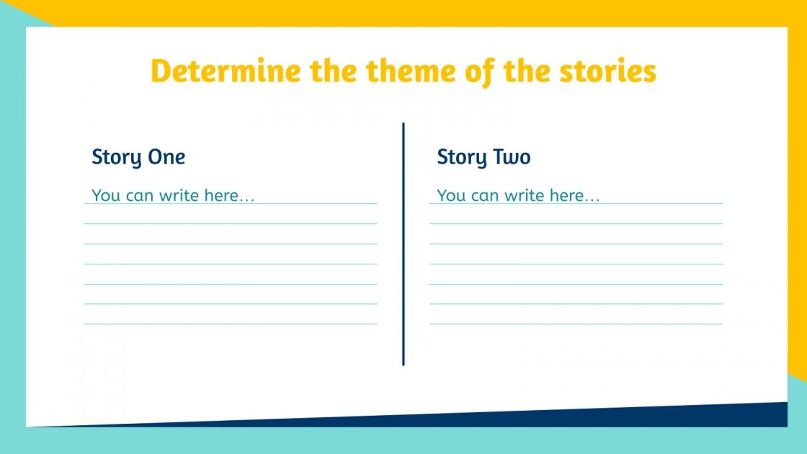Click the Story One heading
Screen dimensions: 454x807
click(138, 157)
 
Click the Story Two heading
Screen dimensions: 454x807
click(483, 157)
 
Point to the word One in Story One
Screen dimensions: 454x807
click(166, 156)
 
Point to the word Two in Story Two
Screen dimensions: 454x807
click(512, 156)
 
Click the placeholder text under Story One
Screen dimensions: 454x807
click(173, 195)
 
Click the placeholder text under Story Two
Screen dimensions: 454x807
click(518, 195)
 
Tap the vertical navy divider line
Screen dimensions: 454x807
click(403, 245)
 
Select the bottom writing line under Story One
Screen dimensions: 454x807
click(231, 324)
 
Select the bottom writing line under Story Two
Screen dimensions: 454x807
click(576, 324)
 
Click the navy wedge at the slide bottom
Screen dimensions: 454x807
click(648, 417)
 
